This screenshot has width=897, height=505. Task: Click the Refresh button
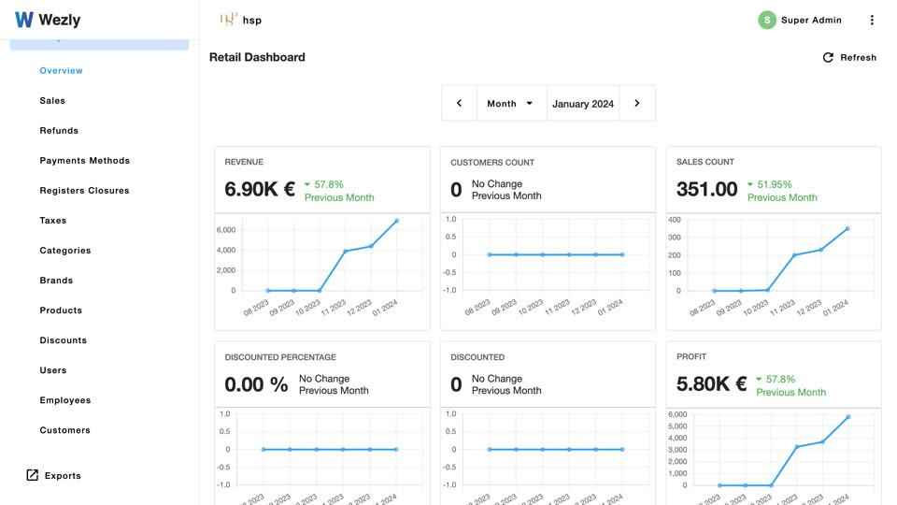[x=849, y=57]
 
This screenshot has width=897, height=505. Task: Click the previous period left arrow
[x=459, y=104]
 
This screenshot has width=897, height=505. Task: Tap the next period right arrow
[x=636, y=104]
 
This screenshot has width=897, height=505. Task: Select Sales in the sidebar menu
[x=52, y=101]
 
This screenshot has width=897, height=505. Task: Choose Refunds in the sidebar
[x=59, y=131]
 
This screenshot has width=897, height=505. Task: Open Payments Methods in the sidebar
[x=85, y=160]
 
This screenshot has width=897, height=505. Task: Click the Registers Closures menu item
[x=85, y=191]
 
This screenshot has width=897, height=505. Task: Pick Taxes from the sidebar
[x=53, y=221]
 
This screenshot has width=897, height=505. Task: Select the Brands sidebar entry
[x=56, y=281]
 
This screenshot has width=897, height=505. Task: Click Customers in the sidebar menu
[x=65, y=430]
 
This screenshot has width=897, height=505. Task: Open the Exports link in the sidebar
[x=54, y=475]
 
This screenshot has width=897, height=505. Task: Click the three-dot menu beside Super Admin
[x=872, y=20]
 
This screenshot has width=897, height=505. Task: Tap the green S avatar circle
[x=767, y=20]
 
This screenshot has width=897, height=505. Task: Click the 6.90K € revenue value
[x=260, y=189]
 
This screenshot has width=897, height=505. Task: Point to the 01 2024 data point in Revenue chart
[x=397, y=221]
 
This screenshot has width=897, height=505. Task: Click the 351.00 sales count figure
[x=707, y=189]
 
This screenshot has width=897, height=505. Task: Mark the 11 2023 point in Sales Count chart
[x=794, y=255]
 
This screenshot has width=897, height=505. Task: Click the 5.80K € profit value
[x=712, y=383]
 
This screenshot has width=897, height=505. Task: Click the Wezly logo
[x=48, y=20]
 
